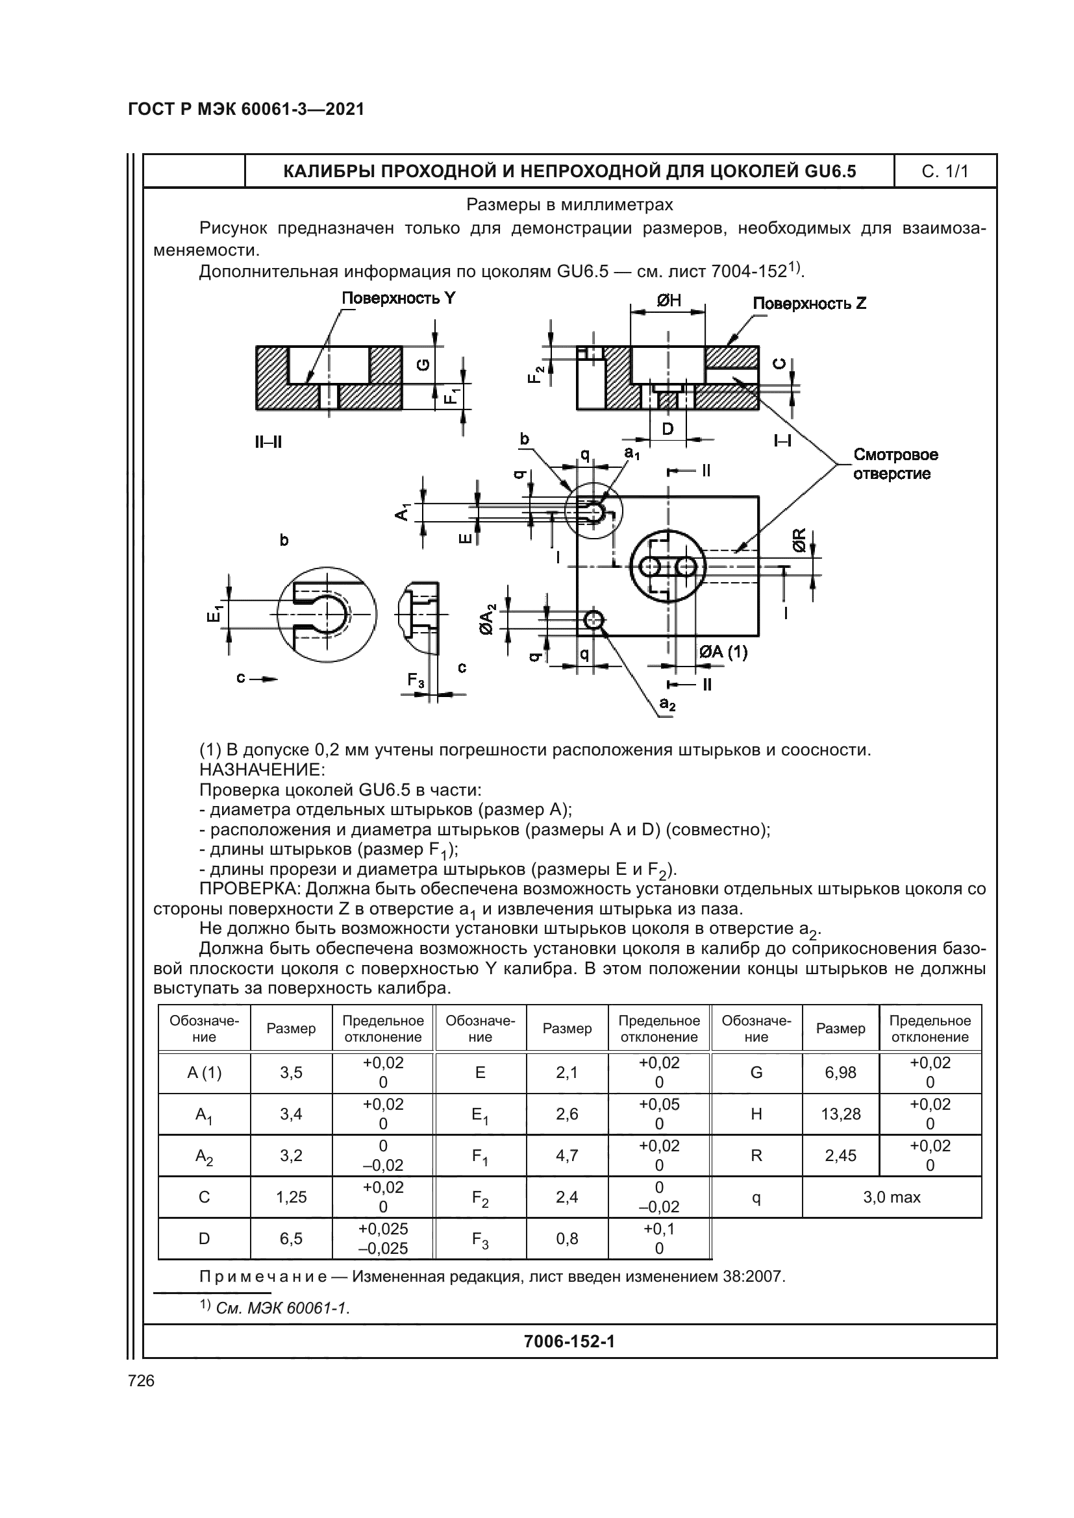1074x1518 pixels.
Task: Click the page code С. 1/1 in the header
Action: (x=944, y=172)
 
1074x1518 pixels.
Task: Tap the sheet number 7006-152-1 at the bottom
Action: (x=569, y=1341)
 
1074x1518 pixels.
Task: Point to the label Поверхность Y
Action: (x=398, y=298)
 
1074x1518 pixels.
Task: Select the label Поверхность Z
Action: (x=810, y=304)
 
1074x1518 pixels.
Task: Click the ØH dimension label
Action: (x=668, y=301)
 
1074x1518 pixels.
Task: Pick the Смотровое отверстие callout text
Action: (x=895, y=464)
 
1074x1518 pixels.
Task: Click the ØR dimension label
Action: (x=799, y=540)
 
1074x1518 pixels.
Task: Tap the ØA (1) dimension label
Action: (x=723, y=652)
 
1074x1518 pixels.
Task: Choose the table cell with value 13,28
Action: (x=840, y=1114)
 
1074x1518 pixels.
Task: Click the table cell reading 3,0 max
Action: (x=892, y=1197)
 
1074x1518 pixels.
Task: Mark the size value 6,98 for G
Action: (x=840, y=1072)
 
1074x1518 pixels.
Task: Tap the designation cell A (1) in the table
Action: (x=205, y=1072)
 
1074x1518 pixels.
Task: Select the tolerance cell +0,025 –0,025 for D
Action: (x=383, y=1238)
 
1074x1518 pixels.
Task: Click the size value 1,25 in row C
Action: (x=291, y=1197)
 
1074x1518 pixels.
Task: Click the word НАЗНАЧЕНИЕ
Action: (x=262, y=770)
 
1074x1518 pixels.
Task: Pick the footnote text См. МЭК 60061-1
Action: (x=282, y=1308)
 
